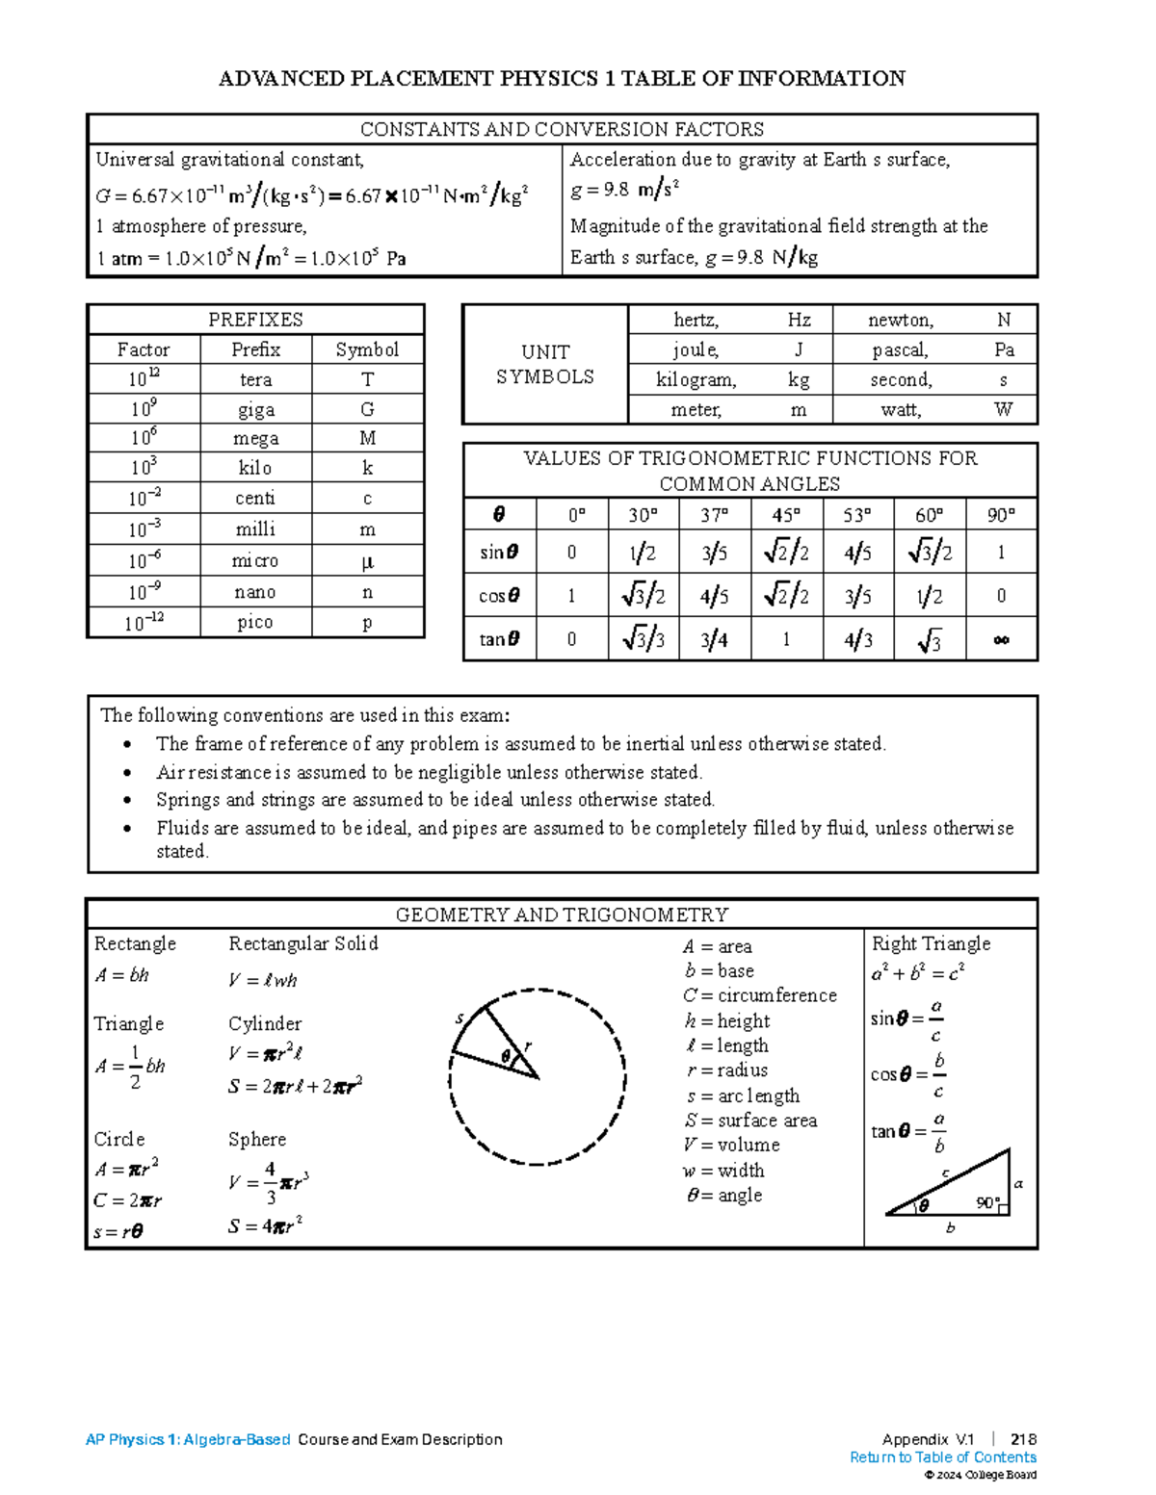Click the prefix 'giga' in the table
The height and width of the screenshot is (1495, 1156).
coord(255,409)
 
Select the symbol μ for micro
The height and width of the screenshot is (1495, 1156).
coord(367,561)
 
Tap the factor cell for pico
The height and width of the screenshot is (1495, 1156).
coord(144,622)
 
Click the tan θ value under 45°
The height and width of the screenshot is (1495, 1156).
coord(786,639)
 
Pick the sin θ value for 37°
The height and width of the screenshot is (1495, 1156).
coord(714,553)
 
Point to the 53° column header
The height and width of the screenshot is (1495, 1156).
coord(857,515)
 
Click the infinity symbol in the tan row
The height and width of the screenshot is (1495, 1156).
coord(1001,639)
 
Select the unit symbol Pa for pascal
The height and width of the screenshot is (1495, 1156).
coord(1004,349)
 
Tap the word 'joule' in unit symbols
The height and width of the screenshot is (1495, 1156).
coord(695,349)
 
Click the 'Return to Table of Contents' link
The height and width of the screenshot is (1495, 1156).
coord(942,1457)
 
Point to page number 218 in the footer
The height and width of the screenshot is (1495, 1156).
coord(1023,1439)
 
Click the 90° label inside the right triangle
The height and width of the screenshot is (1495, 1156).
coord(987,1202)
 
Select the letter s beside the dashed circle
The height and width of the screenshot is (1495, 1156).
coord(460,1018)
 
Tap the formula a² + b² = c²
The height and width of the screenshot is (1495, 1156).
coord(917,973)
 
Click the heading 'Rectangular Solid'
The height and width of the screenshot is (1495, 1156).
coord(302,943)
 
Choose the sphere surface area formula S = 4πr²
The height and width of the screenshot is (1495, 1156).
coord(265,1225)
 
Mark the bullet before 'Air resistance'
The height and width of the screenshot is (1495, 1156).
coord(127,772)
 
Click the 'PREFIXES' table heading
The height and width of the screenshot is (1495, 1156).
coord(255,320)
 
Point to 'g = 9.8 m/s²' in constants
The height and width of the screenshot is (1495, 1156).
coord(624,190)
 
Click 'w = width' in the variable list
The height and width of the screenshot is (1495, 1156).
coord(723,1170)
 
